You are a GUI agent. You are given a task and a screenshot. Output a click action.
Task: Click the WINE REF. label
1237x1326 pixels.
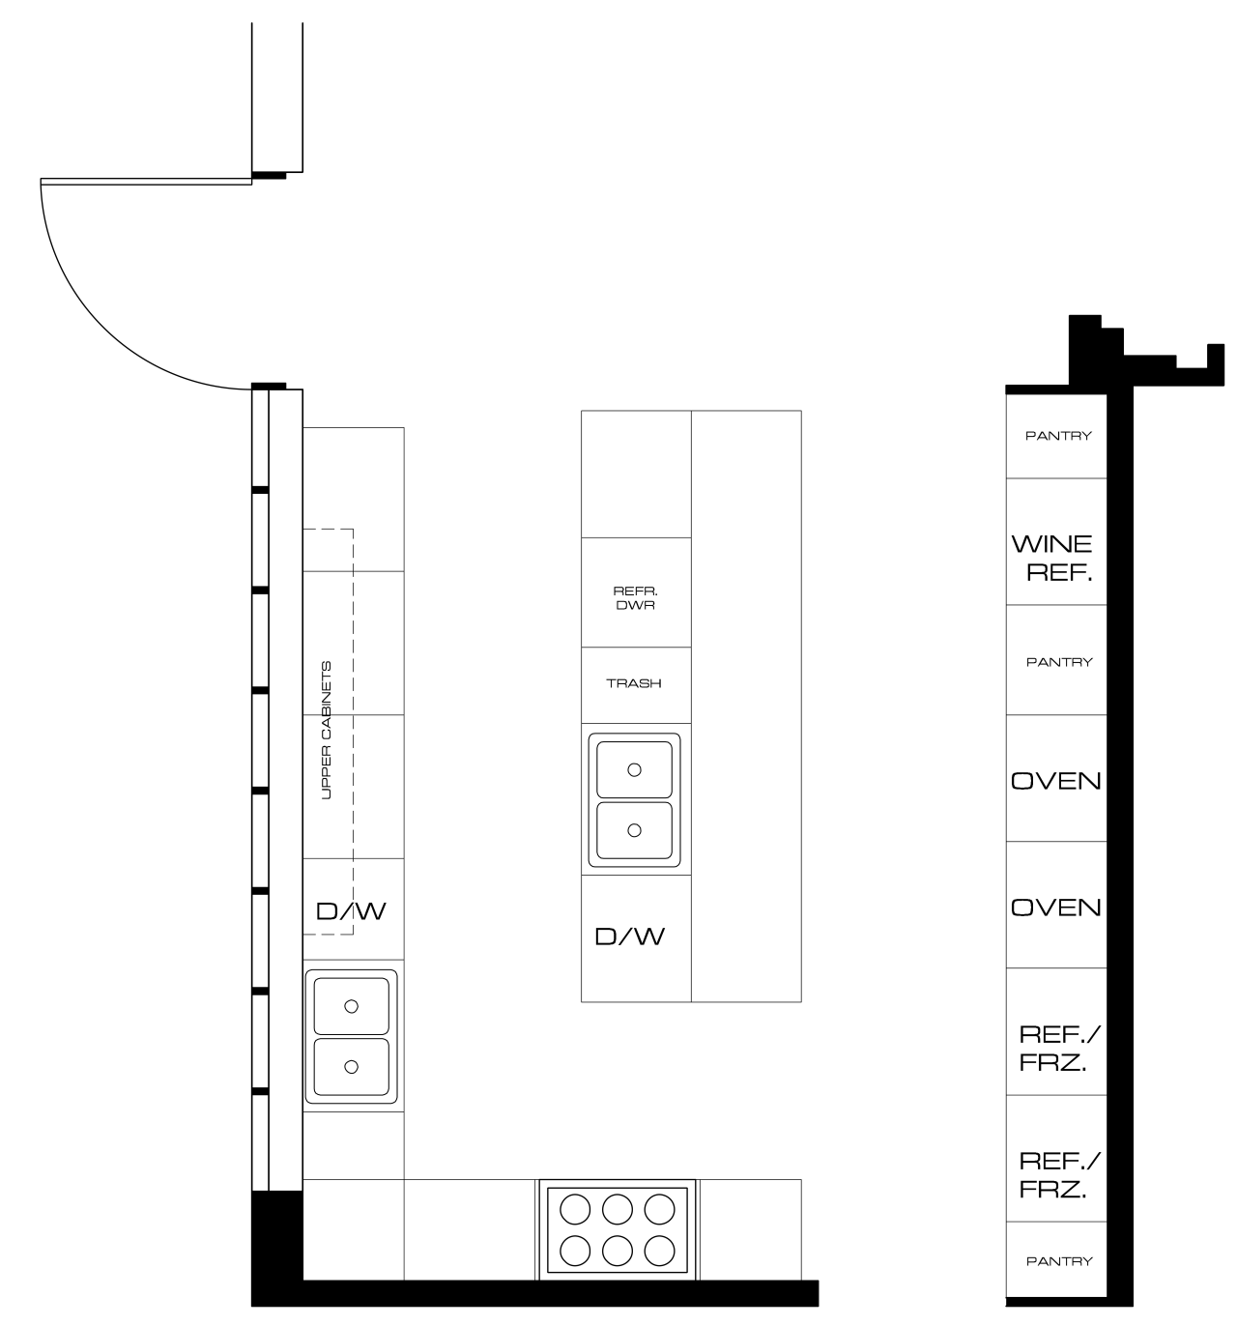pos(1055,558)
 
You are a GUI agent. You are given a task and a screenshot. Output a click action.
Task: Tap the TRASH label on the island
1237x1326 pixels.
pos(634,683)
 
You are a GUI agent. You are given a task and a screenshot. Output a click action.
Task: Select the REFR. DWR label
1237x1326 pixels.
pos(635,598)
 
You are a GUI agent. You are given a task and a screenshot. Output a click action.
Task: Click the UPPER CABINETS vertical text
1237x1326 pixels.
pos(326,731)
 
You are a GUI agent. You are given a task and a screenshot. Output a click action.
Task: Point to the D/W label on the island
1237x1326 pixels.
pos(630,937)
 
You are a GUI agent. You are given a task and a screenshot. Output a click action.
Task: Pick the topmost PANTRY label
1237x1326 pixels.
pos(1058,436)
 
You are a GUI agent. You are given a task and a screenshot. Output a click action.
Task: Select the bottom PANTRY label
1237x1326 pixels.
pos(1059,1261)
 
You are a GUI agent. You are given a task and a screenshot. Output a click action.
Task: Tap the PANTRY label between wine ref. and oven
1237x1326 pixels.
pos(1059,662)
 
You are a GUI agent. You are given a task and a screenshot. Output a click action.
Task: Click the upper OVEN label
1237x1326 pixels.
pos(1056,781)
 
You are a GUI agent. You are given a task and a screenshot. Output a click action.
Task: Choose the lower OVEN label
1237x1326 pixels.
pos(1056,908)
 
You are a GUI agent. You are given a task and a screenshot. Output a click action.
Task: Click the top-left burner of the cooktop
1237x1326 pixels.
pos(575,1209)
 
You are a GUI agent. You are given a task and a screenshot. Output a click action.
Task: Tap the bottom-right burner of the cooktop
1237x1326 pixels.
pos(659,1250)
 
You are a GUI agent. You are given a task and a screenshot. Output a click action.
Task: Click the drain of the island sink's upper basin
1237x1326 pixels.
pos(634,770)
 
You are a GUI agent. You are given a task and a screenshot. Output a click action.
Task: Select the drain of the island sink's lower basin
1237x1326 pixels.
pos(634,830)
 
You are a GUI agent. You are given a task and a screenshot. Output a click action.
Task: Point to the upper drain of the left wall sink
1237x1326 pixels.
pos(351,1006)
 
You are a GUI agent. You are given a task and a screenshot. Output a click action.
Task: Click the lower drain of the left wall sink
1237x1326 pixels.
pos(351,1066)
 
